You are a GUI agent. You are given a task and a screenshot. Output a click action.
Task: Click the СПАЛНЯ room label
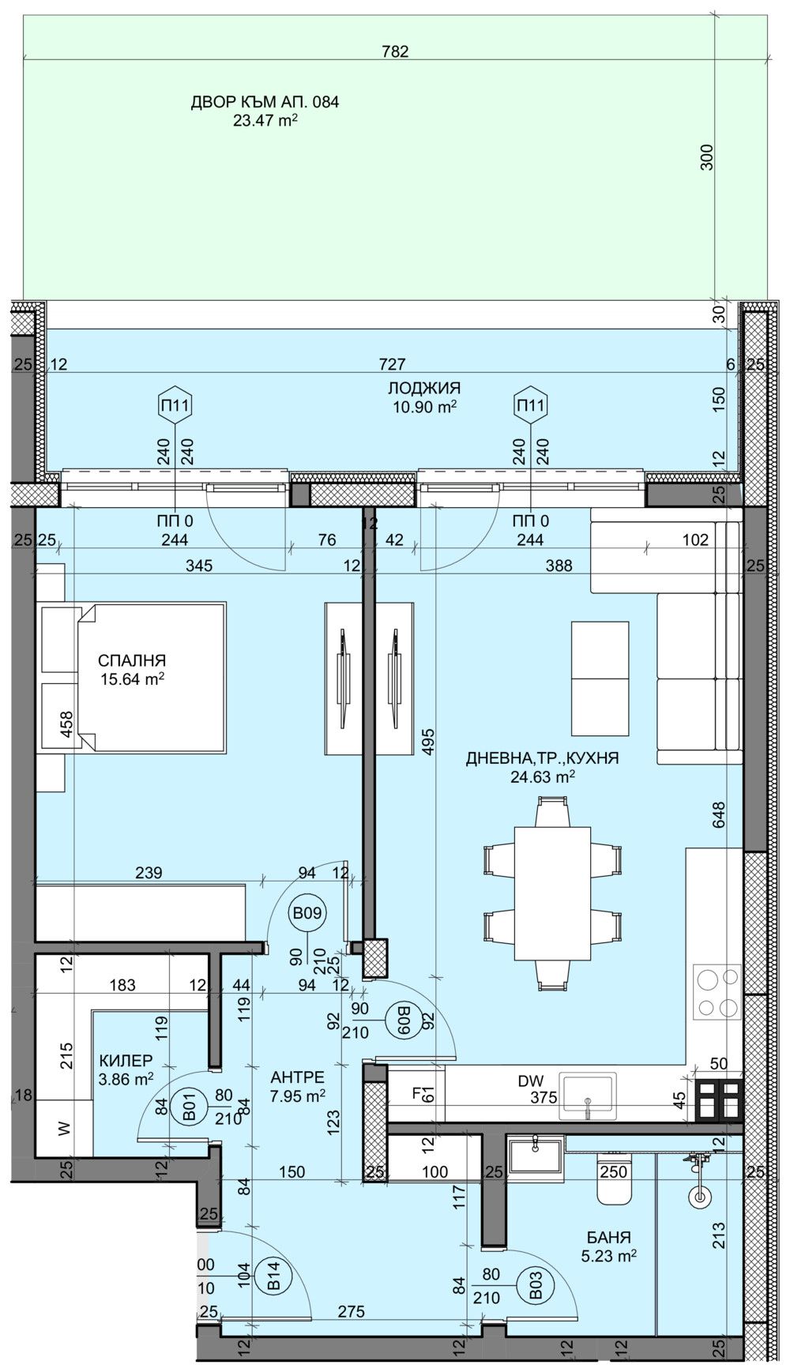132,660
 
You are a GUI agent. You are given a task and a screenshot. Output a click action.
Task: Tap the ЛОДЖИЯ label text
424,388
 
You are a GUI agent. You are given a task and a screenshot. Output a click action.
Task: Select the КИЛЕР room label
126,1060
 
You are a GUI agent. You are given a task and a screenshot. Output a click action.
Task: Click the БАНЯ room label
608,1238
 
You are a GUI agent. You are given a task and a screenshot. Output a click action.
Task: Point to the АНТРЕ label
297,1077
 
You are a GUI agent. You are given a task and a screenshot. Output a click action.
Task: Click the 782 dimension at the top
395,52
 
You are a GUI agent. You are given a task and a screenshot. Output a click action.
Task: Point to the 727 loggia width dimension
393,364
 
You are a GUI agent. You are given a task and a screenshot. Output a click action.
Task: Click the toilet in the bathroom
615,1180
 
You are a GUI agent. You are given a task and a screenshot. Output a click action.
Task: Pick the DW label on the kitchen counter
527,1081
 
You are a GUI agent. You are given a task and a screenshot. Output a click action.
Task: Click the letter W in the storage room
65,1129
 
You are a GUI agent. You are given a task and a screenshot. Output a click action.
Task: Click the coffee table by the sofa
600,677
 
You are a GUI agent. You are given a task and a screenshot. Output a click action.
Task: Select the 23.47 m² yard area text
265,121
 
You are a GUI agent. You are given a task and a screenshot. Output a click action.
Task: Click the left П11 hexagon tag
176,406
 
